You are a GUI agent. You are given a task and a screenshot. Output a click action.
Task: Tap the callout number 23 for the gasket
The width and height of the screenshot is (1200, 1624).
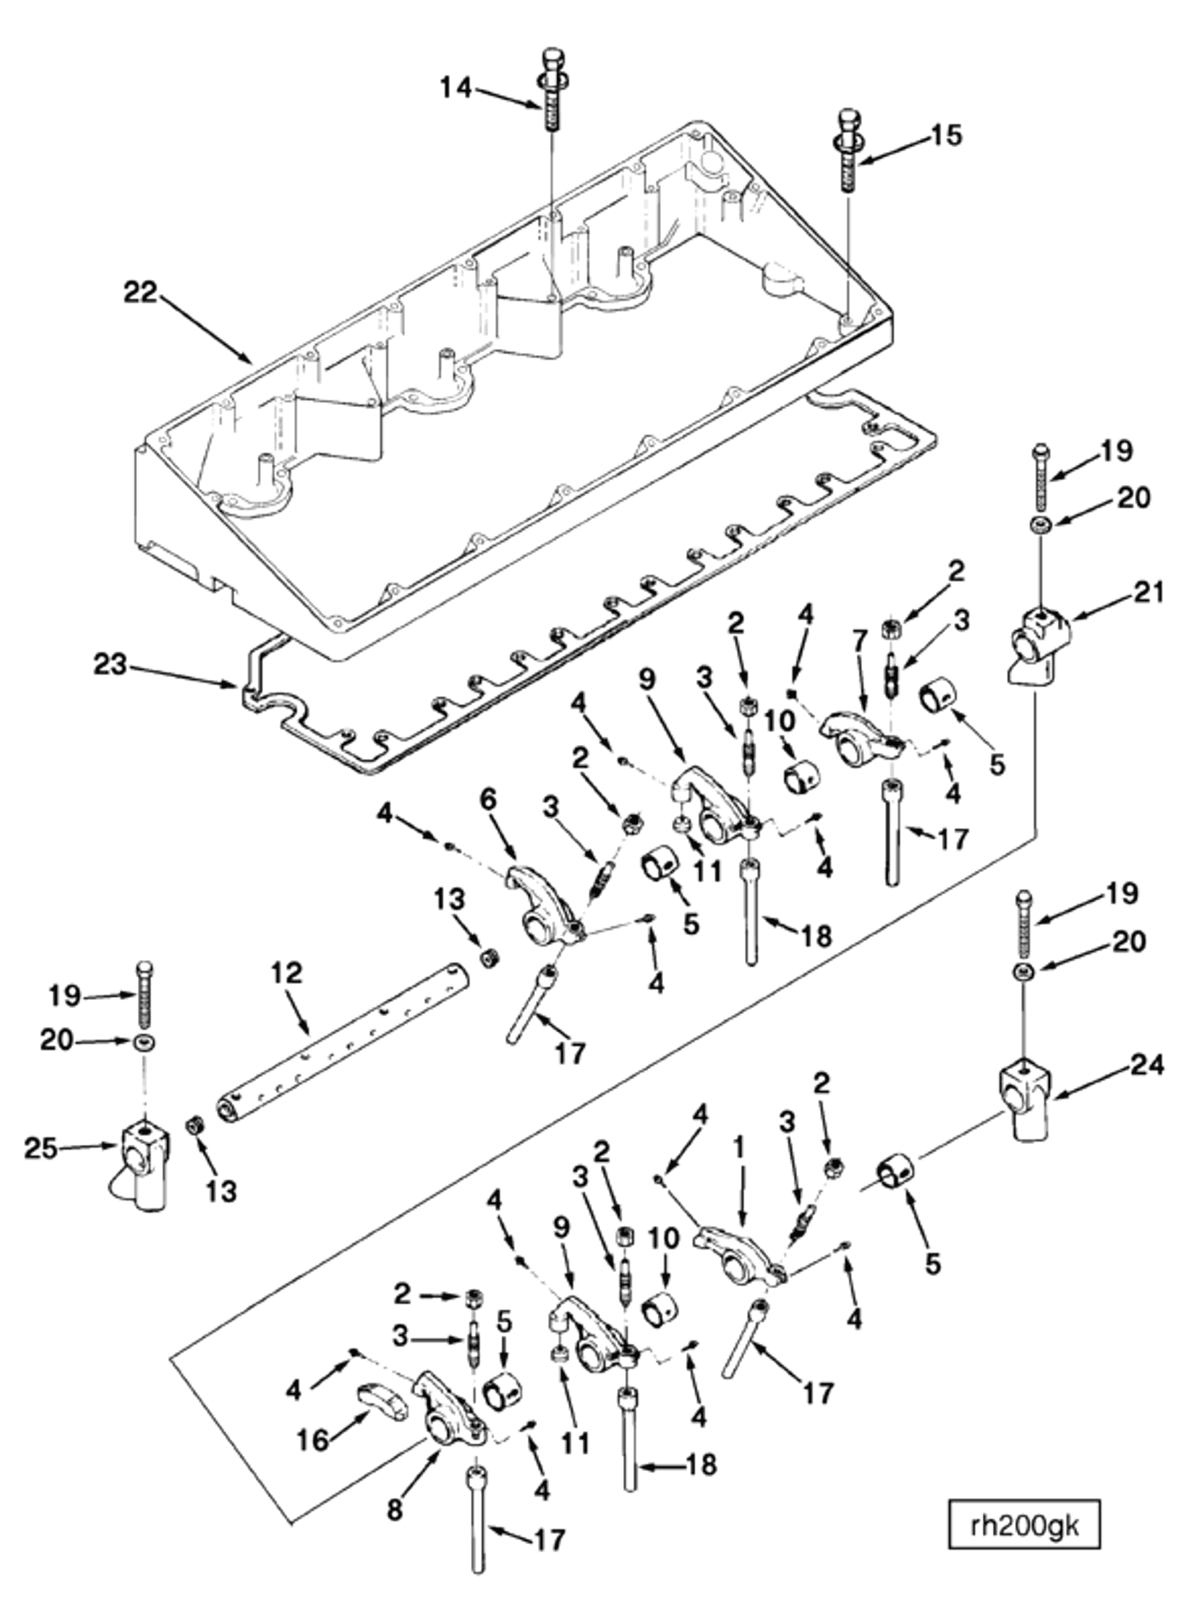(x=111, y=665)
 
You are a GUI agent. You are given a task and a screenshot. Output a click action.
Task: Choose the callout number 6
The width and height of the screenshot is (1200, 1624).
(x=487, y=801)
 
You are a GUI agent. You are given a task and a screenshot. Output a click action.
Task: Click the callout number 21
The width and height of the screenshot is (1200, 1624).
(x=1149, y=592)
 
